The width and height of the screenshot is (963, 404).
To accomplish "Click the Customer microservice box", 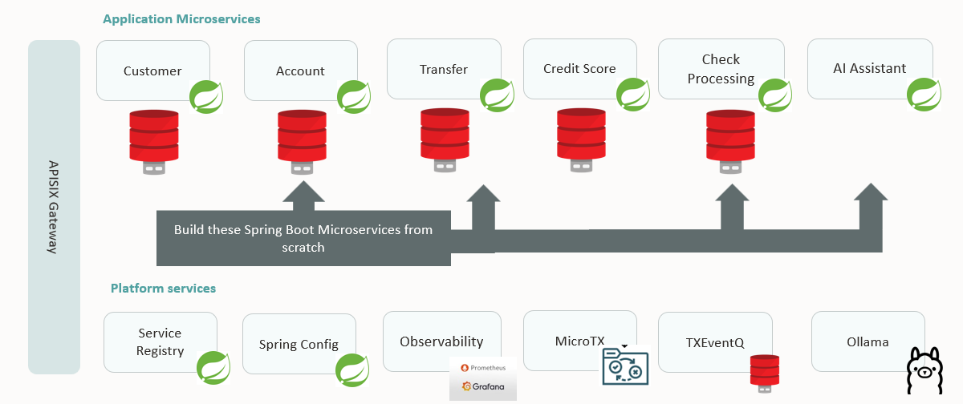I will coord(152,71).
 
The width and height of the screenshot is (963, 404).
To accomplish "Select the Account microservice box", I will coord(300,71).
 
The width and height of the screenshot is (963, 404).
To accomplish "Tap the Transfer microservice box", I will coord(443,69).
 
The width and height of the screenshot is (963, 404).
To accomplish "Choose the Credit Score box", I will coord(579,69).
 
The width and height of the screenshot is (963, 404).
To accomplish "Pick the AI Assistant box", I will coord(869,69).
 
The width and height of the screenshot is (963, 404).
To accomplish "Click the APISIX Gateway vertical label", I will coord(53,207).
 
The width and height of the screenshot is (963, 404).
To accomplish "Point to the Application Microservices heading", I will coord(181,18).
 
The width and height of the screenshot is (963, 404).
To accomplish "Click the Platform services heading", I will coord(163,288).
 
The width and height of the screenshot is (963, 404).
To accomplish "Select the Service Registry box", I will coord(160,341).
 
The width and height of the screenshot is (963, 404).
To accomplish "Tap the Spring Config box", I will coord(299,345).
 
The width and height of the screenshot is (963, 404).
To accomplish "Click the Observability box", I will coord(441,341).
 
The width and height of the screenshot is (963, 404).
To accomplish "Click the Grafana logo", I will coord(482,386).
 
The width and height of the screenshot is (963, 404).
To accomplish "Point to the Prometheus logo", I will coord(482,367).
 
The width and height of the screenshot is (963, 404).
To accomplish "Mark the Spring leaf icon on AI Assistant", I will coord(924,95).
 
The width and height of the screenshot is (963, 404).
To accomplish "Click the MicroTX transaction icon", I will coord(624,367).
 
